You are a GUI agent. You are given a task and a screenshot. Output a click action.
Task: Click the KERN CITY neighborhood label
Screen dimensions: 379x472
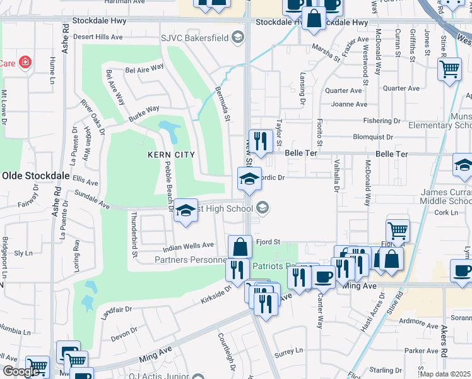[171, 154]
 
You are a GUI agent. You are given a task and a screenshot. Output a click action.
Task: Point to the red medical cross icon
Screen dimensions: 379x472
[25, 63]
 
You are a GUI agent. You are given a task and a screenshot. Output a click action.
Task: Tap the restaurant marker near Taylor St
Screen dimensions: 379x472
[259, 140]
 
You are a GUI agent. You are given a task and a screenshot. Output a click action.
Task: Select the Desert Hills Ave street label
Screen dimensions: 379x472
[97, 37]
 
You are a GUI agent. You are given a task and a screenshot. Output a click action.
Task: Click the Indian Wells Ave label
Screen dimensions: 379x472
[189, 246]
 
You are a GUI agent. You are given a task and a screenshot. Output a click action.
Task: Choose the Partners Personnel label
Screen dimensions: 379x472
[191, 260]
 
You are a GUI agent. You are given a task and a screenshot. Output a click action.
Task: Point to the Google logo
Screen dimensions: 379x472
[21, 371]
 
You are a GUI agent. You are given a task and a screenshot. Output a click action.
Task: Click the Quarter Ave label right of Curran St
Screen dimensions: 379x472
[401, 88]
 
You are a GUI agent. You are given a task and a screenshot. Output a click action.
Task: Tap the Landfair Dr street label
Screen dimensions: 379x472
[115, 310]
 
